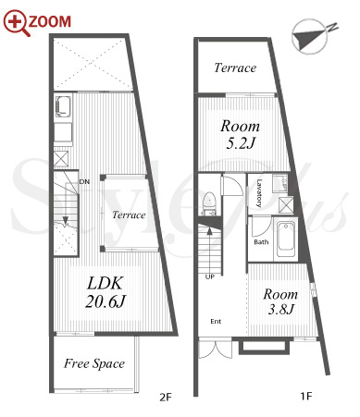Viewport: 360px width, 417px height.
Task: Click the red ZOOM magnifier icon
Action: [x=16, y=22]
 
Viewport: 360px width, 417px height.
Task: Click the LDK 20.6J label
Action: [x=106, y=292]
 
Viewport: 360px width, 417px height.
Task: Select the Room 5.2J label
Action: [x=240, y=135]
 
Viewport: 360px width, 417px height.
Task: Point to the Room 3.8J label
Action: [x=280, y=301]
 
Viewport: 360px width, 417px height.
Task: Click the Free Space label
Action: [x=94, y=363]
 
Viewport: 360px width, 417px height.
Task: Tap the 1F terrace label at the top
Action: [x=235, y=67]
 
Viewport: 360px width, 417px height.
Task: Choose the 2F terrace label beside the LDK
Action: [x=129, y=215]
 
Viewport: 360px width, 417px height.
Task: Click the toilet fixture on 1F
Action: [x=209, y=203]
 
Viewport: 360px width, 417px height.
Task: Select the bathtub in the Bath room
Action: [x=286, y=239]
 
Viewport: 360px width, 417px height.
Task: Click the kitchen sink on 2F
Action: [x=63, y=106]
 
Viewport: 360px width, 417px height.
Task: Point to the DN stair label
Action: [x=84, y=182]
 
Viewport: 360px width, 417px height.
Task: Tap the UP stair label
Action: [x=210, y=276]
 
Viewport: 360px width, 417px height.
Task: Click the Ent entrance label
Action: [x=216, y=322]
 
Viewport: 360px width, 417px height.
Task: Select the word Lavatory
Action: [x=259, y=193]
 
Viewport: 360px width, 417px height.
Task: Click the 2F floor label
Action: [x=165, y=398]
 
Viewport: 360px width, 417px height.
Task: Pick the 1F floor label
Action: [x=306, y=396]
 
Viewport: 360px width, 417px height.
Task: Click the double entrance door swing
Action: [x=215, y=350]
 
